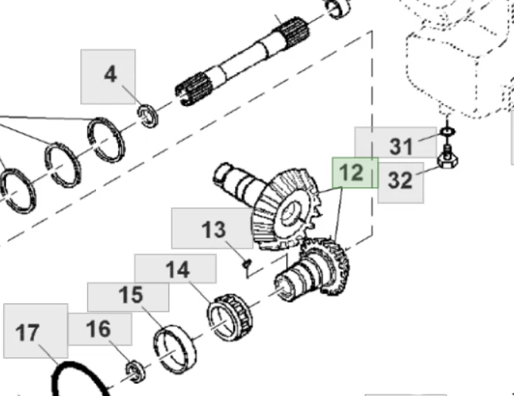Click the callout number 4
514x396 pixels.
click(x=111, y=74)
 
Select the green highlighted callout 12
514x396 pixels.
click(x=351, y=172)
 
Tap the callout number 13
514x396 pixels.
click(x=213, y=230)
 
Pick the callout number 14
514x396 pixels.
click(x=178, y=270)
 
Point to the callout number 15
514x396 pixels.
click(x=131, y=295)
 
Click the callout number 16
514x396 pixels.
click(x=98, y=329)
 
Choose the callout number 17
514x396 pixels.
click(x=27, y=333)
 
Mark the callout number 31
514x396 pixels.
click(x=401, y=146)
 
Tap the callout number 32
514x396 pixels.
click(x=400, y=180)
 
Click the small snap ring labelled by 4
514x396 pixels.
click(x=148, y=116)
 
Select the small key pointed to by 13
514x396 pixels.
click(x=247, y=263)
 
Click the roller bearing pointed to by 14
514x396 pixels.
click(x=230, y=317)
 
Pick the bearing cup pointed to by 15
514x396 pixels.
click(x=175, y=350)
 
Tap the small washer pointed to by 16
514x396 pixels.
click(x=136, y=371)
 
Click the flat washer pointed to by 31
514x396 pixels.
click(x=447, y=132)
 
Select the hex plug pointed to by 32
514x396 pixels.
click(x=447, y=157)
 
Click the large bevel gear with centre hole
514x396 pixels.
click(x=286, y=210)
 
